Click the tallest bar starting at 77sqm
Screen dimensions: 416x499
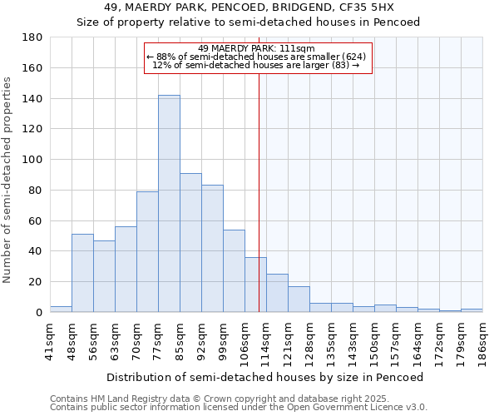click(169, 204)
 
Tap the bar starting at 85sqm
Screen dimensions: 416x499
click(190, 242)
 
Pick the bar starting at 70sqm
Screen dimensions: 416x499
click(147, 251)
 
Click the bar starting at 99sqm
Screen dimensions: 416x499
click(234, 270)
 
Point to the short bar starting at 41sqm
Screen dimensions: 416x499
click(61, 309)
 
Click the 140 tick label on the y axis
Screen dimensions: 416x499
click(32, 99)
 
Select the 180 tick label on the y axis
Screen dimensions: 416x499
click(32, 37)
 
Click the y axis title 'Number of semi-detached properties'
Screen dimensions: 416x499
click(8, 180)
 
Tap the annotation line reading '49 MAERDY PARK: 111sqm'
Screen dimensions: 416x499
click(257, 48)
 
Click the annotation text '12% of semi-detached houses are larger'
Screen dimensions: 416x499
click(257, 66)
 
